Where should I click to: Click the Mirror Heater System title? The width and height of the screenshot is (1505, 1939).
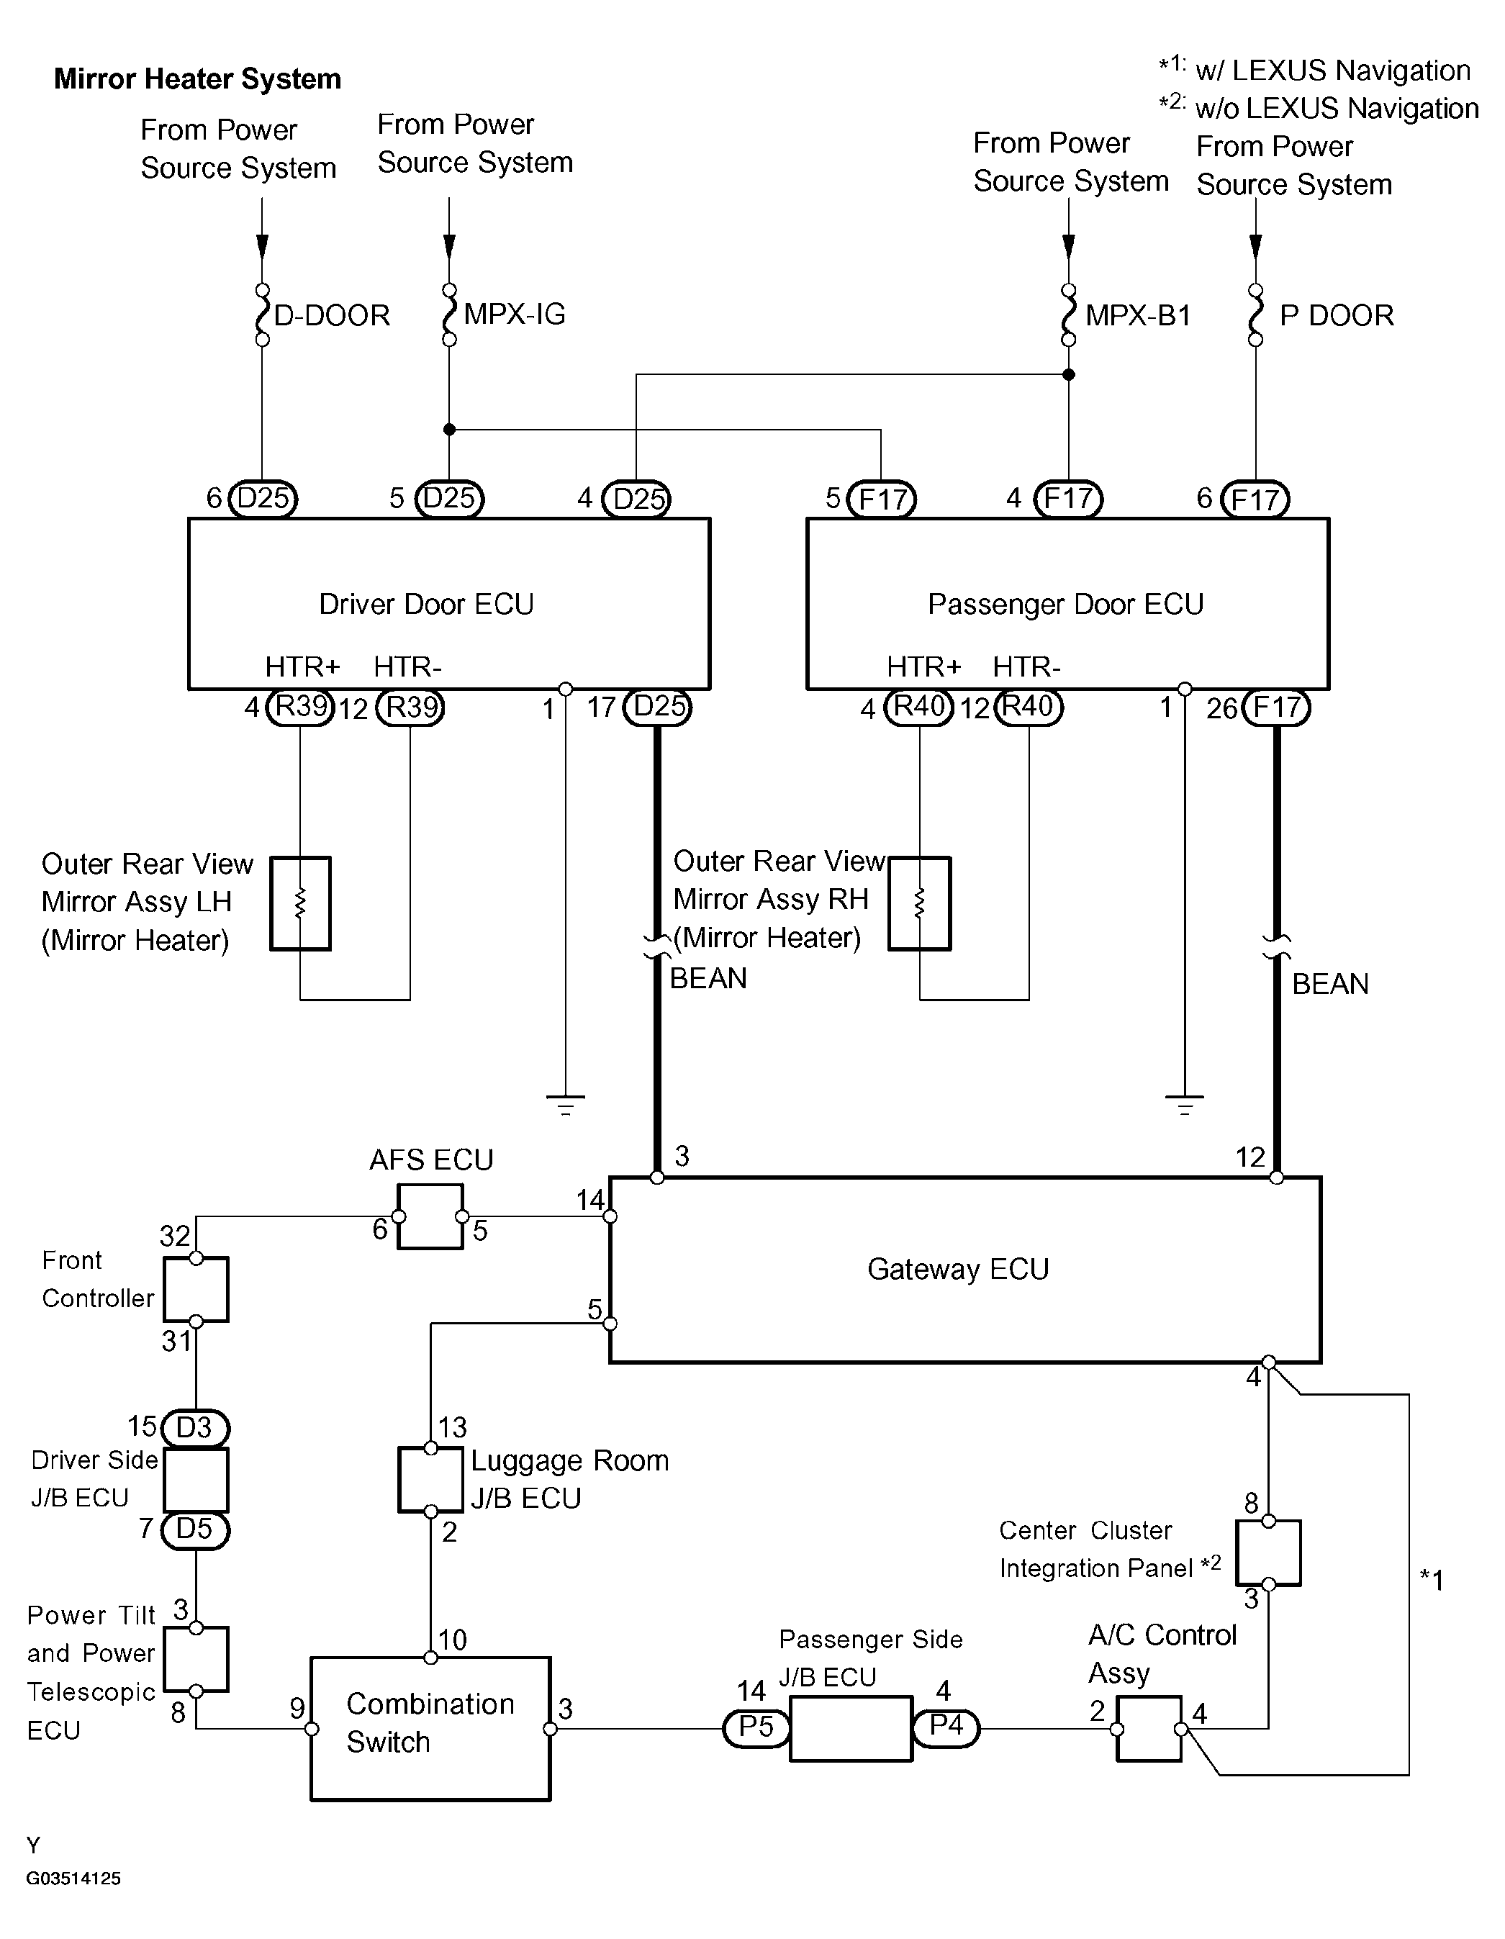[x=197, y=79]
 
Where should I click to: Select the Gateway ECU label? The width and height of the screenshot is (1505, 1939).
[x=958, y=1269]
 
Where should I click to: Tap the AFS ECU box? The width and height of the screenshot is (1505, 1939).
[x=430, y=1216]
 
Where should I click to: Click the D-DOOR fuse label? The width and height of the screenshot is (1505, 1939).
[x=332, y=315]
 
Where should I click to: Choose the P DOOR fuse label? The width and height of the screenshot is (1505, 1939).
[x=1337, y=315]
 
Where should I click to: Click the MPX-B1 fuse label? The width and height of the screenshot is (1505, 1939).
[x=1137, y=315]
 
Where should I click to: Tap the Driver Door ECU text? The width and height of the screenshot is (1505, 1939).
[x=426, y=604]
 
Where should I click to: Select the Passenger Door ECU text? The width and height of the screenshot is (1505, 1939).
[x=1065, y=604]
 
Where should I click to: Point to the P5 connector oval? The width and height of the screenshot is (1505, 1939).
[x=756, y=1727]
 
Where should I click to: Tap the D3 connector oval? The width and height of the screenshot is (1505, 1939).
[x=195, y=1427]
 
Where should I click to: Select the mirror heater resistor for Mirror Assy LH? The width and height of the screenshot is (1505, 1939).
[x=300, y=904]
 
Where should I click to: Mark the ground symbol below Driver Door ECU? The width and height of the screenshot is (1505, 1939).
[x=566, y=1104]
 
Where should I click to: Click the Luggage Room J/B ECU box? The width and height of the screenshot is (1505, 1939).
[x=430, y=1479]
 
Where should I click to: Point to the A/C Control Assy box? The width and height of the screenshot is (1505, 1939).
[x=1149, y=1729]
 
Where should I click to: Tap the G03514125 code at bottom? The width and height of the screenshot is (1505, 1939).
[x=73, y=1878]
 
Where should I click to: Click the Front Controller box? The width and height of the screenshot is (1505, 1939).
[x=196, y=1290]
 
